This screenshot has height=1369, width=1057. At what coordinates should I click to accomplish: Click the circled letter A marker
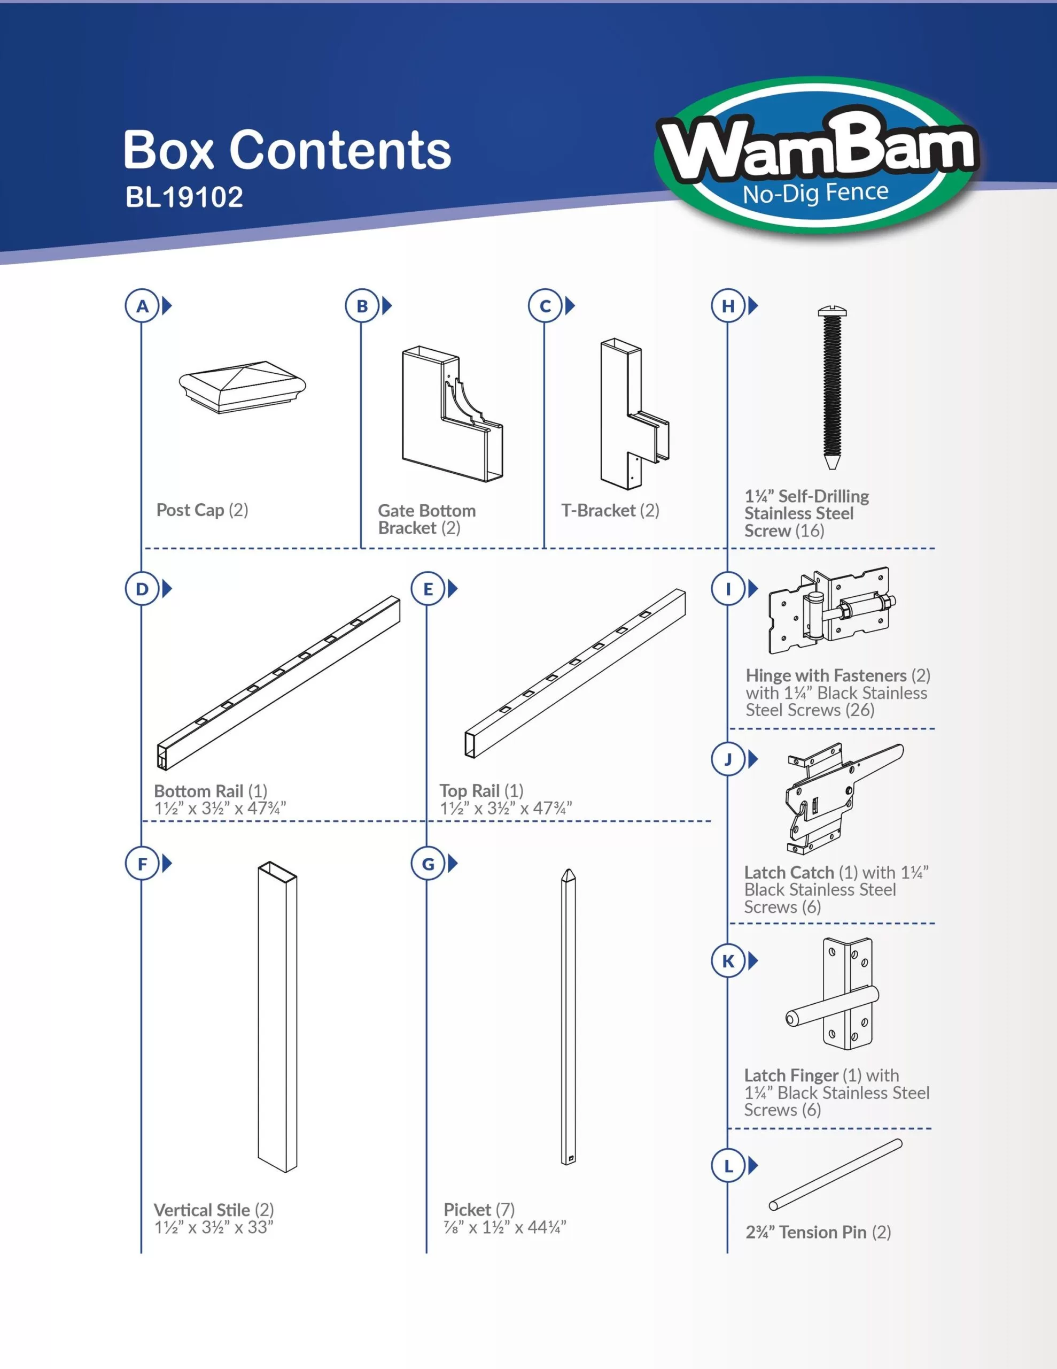(142, 306)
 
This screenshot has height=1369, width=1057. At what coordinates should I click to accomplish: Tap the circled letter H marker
(728, 306)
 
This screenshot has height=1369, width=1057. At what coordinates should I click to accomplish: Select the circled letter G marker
(428, 864)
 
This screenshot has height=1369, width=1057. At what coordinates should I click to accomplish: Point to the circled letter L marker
(728, 1166)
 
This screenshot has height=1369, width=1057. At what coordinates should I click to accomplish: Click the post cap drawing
(243, 387)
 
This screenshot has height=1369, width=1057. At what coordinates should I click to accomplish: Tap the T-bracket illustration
(635, 414)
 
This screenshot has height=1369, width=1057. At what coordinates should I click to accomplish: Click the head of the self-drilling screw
(832, 310)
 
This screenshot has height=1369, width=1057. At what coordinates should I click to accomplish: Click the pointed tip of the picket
(568, 871)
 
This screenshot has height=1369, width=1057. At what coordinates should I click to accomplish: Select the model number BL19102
(184, 197)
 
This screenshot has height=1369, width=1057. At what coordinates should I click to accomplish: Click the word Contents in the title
(340, 150)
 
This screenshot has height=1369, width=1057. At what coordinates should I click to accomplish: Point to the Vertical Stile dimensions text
(214, 1227)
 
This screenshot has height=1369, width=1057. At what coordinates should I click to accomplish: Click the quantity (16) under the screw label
(809, 531)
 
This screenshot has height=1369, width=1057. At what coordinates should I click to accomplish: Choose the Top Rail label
(481, 790)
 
